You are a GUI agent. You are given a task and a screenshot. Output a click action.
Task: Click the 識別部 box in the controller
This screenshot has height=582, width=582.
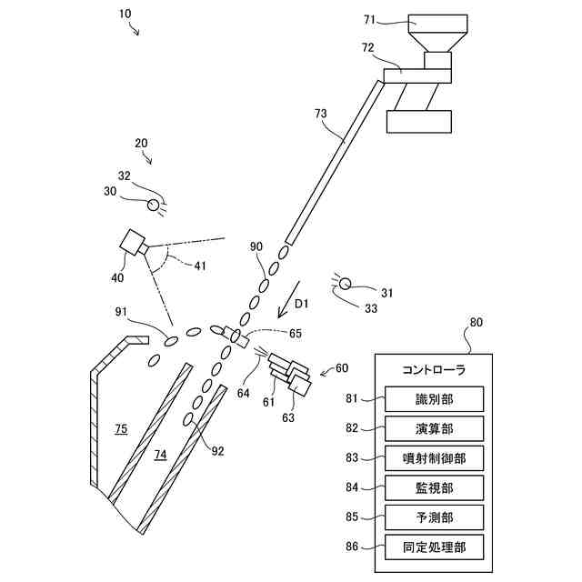(x=434, y=398)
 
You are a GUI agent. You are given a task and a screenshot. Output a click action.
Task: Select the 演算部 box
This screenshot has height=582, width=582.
(x=434, y=428)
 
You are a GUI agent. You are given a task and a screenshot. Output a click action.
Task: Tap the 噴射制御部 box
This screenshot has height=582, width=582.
(x=434, y=458)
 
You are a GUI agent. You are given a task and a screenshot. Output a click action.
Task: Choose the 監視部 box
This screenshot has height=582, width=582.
(x=434, y=488)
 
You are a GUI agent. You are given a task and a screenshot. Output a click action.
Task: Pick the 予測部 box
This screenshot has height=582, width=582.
(x=434, y=517)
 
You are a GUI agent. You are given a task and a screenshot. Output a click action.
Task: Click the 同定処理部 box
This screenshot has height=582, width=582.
(x=434, y=547)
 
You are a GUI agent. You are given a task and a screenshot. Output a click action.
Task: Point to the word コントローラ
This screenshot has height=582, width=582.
(x=434, y=370)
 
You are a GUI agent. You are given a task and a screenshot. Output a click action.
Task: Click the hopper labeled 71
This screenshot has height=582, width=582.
(x=437, y=33)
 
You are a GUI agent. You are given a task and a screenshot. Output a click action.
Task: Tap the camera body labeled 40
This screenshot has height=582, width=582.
(x=132, y=243)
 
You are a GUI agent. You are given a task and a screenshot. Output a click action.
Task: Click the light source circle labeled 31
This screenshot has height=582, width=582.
(x=345, y=284)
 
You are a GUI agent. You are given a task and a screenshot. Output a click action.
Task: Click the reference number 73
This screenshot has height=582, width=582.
(x=319, y=114)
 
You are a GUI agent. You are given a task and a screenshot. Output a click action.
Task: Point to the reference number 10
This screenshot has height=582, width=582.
(x=125, y=15)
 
